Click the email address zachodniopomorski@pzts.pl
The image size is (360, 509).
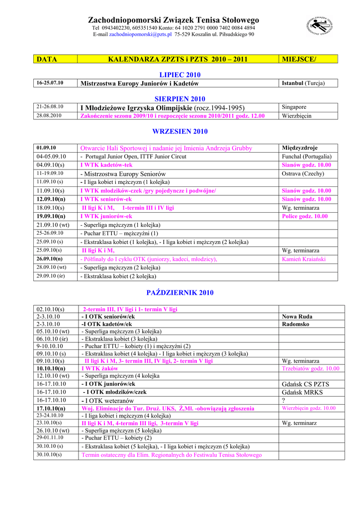(x=140, y=35)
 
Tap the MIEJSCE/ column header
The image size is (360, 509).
(x=299, y=59)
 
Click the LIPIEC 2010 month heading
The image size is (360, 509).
(x=180, y=75)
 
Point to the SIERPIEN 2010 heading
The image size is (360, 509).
(x=180, y=99)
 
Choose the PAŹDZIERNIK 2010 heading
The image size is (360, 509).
(x=180, y=293)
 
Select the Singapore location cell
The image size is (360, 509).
(x=294, y=107)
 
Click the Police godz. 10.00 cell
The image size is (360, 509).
(x=305, y=217)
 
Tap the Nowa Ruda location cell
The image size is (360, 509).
(x=297, y=317)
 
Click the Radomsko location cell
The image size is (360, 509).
(x=295, y=324)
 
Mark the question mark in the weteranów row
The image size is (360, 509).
(x=283, y=401)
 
